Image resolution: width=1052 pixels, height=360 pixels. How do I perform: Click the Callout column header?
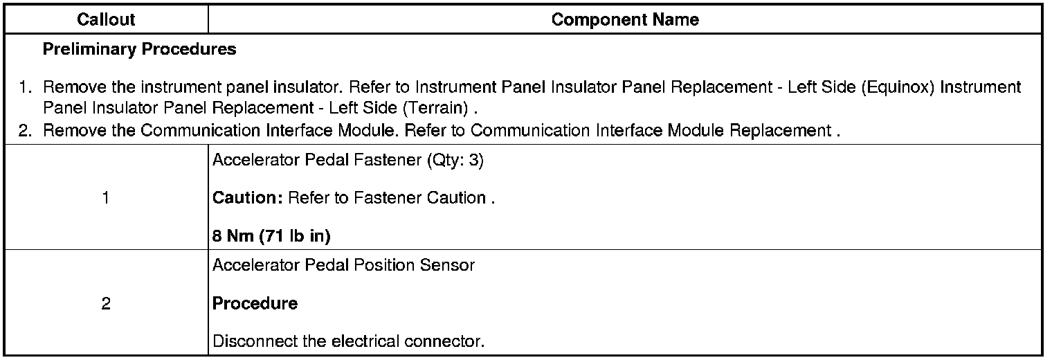coord(106,20)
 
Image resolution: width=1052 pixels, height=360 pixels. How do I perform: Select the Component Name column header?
coord(625,20)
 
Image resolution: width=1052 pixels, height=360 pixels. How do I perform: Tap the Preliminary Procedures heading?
coord(139,50)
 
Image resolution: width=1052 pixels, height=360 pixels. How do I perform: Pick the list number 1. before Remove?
coord(26,88)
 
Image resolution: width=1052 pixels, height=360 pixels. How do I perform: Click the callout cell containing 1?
coord(106,198)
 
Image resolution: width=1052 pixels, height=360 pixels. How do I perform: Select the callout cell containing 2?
coord(106,303)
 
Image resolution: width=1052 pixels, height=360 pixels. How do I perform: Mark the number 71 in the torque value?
coord(273,236)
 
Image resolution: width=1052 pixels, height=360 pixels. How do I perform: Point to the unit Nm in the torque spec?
coord(235,236)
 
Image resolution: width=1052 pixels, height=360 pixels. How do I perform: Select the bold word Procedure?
coord(255,303)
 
